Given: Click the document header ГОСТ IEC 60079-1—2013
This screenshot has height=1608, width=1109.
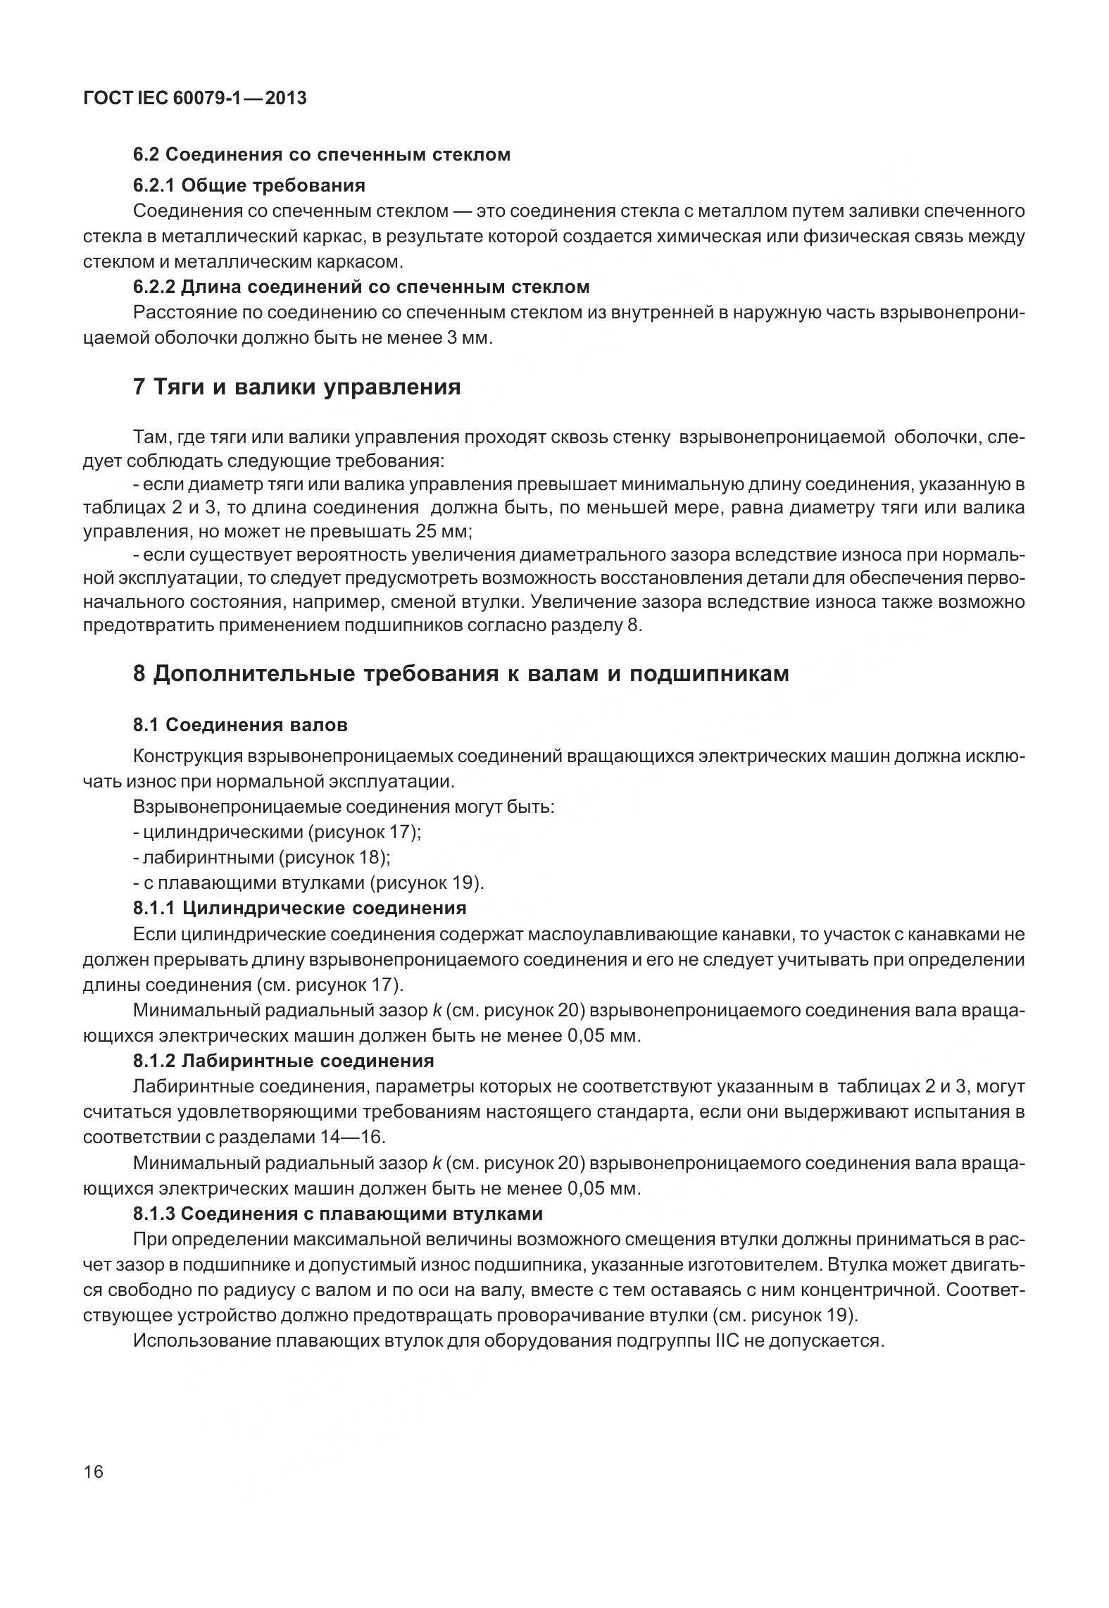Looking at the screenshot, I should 194,98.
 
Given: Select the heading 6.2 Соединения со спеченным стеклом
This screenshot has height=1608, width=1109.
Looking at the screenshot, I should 322,154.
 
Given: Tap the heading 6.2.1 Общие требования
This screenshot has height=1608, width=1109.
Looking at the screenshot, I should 249,185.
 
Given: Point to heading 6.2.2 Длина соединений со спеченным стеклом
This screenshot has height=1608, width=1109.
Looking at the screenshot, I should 361,287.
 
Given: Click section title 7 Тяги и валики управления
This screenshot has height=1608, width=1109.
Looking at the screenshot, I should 296,387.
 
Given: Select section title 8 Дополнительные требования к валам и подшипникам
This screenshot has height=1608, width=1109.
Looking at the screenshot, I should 460,673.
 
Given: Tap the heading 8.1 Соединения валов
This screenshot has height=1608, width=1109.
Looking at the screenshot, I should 240,724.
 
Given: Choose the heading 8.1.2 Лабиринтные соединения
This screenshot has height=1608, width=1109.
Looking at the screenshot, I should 283,1060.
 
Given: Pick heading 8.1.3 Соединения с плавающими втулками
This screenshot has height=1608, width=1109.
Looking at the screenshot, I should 338,1213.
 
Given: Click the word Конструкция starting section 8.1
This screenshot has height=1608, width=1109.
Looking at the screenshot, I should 187,756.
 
